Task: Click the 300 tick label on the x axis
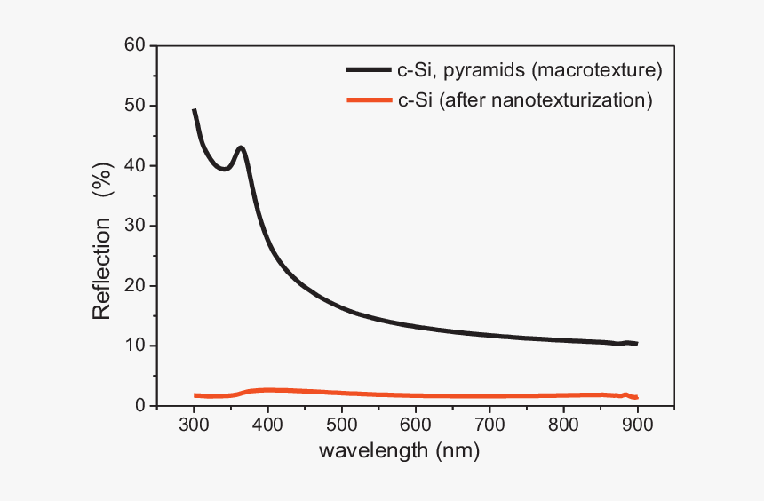point(194,425)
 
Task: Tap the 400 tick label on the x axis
point(267,425)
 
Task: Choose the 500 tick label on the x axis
point(341,425)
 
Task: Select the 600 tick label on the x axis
point(415,425)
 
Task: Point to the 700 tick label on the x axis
point(489,425)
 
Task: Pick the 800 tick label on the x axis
point(562,425)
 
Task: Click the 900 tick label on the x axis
point(636,425)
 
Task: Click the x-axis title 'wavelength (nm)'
point(399,452)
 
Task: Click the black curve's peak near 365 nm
point(240,147)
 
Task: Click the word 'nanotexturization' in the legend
point(575,100)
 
